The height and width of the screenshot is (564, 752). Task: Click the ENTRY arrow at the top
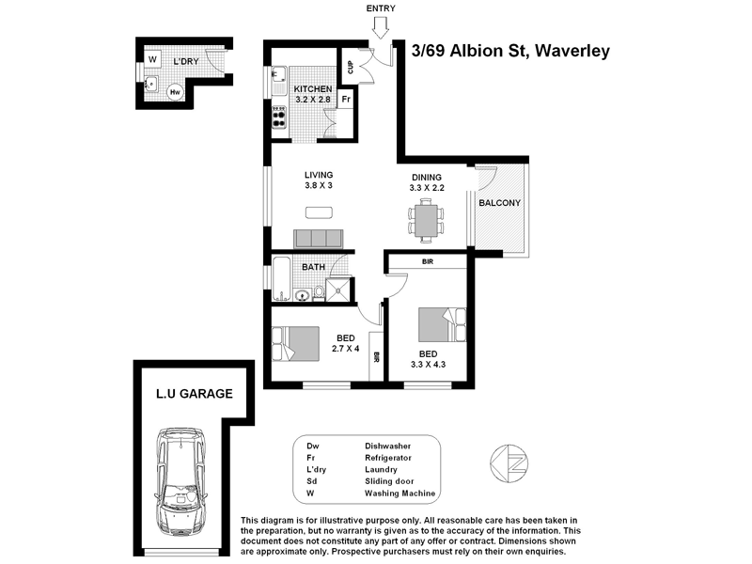point(380,28)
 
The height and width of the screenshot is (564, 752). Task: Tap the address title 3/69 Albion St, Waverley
point(511,51)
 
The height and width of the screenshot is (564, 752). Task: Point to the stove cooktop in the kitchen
point(279,117)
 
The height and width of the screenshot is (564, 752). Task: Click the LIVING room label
point(319,175)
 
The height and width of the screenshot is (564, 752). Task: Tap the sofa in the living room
point(320,238)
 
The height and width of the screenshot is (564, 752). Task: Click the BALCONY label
point(499,203)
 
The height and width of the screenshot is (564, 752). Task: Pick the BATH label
point(313,267)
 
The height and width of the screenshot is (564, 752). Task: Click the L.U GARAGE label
point(194,395)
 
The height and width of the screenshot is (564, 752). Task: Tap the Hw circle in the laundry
point(175,92)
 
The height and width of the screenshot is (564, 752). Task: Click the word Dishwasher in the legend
point(388,446)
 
